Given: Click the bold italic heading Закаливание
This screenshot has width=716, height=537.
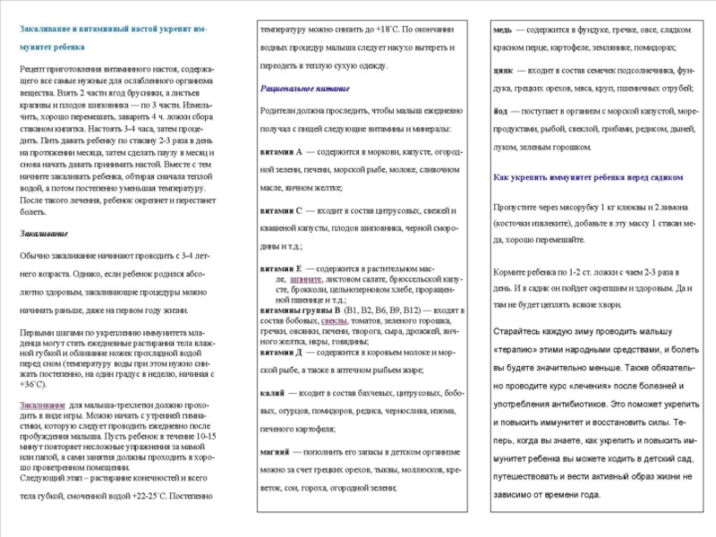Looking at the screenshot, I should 44,233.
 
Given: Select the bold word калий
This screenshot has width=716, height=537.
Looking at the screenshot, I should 273,394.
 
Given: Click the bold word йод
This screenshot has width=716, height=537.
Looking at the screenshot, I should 501,112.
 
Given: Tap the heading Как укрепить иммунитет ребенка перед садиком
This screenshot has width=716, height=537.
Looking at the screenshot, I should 584,177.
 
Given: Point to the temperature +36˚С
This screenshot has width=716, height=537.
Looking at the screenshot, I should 33,384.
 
